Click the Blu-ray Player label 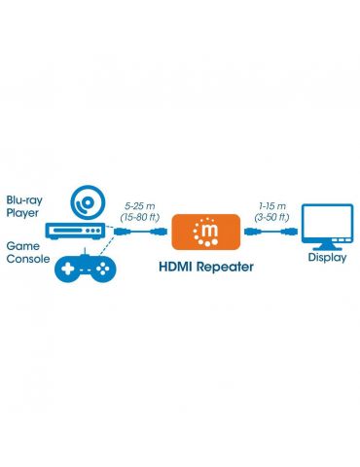click(24, 206)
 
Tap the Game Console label click(28, 252)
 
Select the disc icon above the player click(89, 202)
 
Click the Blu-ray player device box click(75, 232)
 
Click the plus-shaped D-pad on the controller click(68, 269)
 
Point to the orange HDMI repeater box click(206, 232)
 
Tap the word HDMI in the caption click(176, 267)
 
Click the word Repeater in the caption click(225, 268)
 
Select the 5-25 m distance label click(140, 206)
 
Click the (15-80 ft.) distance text click(140, 217)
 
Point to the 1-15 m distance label click(272, 206)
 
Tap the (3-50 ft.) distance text click(271, 217)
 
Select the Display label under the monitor click(327, 258)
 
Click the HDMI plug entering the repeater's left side click(159, 232)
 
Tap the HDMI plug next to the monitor click(289, 232)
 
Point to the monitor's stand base click(328, 248)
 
